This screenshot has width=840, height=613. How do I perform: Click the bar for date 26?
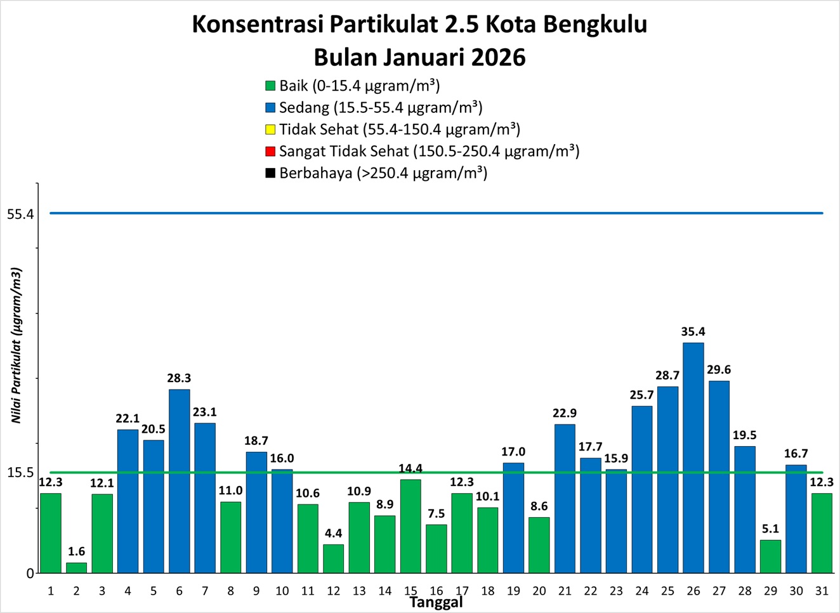(693, 457)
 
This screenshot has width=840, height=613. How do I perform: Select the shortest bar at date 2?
(77, 568)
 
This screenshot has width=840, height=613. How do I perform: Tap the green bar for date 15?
(410, 525)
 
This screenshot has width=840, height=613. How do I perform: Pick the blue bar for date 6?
(179, 480)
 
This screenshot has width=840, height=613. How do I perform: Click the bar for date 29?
(770, 557)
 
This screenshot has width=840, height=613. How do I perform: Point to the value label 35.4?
(693, 332)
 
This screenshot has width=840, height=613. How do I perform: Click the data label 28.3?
(179, 378)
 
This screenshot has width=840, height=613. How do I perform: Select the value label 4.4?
(333, 533)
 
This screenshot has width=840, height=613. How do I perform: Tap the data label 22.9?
(565, 413)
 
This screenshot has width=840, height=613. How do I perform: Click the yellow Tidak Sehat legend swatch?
(270, 129)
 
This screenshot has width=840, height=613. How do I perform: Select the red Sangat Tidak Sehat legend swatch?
(270, 152)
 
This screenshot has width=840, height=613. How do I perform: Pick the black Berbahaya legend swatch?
(270, 173)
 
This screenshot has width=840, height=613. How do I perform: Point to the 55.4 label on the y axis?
(20, 214)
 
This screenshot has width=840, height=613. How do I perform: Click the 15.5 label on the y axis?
(20, 473)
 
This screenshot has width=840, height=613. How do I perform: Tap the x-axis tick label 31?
(822, 591)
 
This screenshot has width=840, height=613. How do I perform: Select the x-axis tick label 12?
(333, 591)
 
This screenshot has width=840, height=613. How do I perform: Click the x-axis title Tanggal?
(436, 602)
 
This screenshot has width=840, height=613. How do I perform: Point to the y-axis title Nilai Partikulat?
(16, 345)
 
